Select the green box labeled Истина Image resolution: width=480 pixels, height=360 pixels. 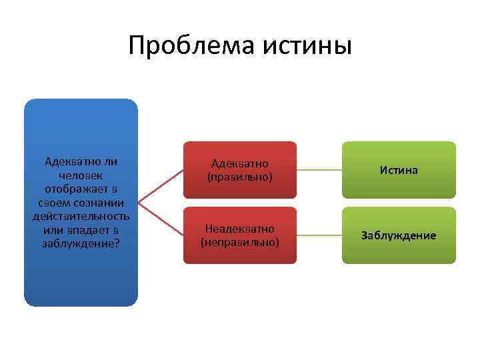(399, 170)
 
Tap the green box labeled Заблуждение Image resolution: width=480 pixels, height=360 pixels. (399, 235)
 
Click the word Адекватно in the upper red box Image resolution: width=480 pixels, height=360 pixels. (240, 163)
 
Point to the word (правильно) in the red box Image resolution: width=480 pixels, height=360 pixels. (240, 177)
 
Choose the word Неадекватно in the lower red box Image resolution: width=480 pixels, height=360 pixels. (240, 229)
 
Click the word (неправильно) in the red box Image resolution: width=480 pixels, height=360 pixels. (240, 242)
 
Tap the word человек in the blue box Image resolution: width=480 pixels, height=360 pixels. (81, 175)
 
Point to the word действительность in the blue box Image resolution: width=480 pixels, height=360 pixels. (81, 216)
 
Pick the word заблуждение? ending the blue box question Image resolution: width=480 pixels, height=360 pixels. (81, 243)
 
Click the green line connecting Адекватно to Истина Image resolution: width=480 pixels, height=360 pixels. (319, 170)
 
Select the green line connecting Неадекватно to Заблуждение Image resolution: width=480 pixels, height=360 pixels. (319, 235)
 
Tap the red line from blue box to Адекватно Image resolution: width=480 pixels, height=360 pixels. (161, 185)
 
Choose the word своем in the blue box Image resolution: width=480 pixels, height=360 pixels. (55, 203)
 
